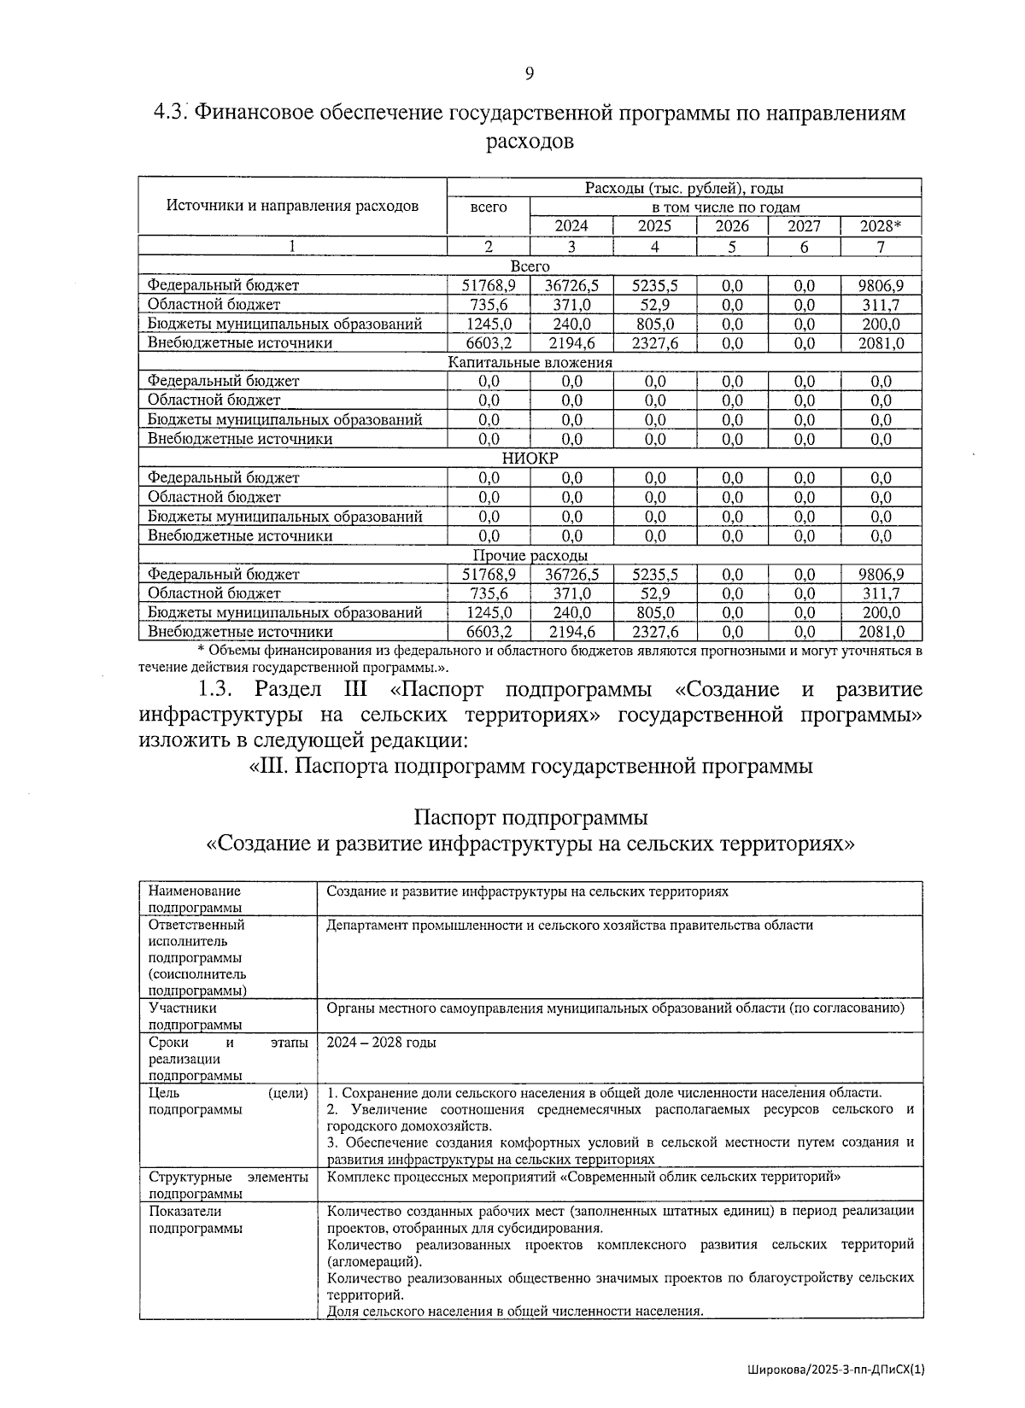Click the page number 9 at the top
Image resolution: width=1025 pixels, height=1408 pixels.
pyautogui.click(x=529, y=74)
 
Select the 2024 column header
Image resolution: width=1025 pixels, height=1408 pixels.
pyautogui.click(x=571, y=226)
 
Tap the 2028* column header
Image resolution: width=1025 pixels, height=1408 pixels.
pyautogui.click(x=881, y=226)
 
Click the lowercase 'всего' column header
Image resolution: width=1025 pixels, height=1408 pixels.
pyautogui.click(x=489, y=207)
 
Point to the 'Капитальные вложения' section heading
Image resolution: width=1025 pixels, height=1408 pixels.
pyautogui.click(x=530, y=362)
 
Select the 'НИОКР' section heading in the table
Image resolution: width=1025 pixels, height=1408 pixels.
pyautogui.click(x=530, y=459)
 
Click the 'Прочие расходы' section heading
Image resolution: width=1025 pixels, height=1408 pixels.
pyautogui.click(x=530, y=556)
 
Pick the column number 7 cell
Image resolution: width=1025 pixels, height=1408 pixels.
pyautogui.click(x=881, y=247)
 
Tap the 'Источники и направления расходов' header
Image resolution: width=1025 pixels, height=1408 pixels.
pyautogui.click(x=292, y=206)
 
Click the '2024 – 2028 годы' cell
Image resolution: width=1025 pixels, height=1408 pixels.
pyautogui.click(x=381, y=1043)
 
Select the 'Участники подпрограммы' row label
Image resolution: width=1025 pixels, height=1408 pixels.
pyautogui.click(x=195, y=1016)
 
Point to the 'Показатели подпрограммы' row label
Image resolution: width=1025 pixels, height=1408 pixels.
pyautogui.click(x=195, y=1219)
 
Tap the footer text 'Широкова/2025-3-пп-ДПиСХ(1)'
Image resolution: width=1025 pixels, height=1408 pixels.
pyautogui.click(x=835, y=1370)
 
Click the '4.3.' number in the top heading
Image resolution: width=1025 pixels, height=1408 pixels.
pyautogui.click(x=170, y=113)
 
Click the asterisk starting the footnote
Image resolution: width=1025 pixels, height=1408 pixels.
pyautogui.click(x=200, y=651)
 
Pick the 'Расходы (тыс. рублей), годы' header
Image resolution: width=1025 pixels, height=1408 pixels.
pyautogui.click(x=683, y=189)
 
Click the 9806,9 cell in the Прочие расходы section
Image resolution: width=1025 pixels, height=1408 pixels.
pyautogui.click(x=881, y=575)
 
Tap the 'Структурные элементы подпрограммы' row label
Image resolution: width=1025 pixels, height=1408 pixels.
pyautogui.click(x=228, y=1185)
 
